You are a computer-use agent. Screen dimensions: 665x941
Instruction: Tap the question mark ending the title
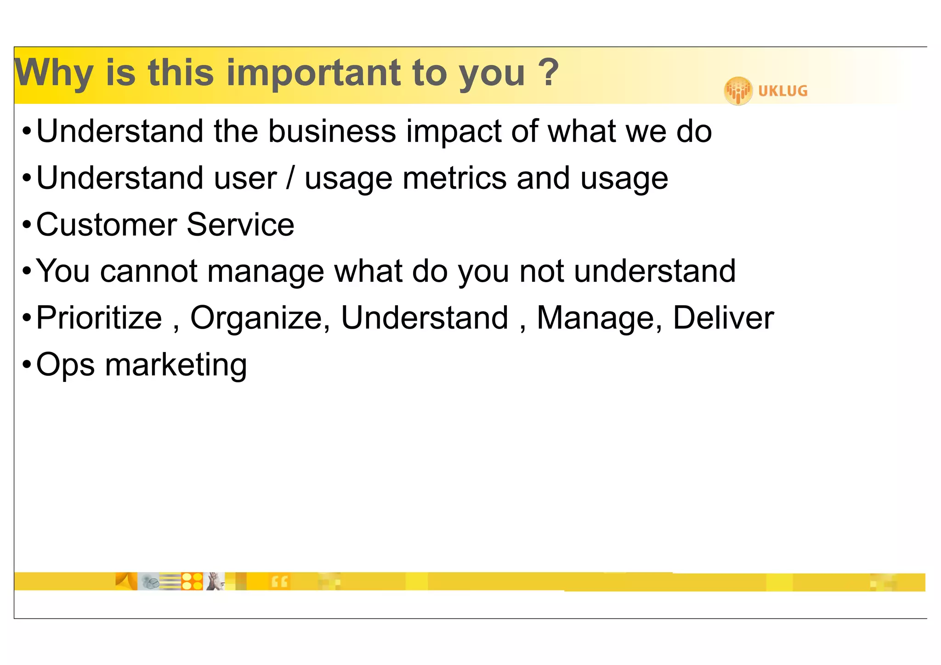[548, 72]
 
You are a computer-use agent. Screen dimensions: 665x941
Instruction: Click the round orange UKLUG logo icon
[738, 91]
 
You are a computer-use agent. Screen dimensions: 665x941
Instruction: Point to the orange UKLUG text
[782, 91]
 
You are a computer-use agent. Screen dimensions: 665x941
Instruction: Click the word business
[332, 131]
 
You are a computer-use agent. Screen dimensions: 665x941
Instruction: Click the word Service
[240, 225]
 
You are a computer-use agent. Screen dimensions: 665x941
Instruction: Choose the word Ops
[65, 365]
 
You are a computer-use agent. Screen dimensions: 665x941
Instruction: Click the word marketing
[176, 365]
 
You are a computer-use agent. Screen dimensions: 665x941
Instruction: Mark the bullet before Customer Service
[27, 225]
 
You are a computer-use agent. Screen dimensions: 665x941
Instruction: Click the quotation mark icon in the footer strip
[279, 582]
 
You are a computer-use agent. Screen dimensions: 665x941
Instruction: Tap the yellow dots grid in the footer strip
[192, 581]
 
